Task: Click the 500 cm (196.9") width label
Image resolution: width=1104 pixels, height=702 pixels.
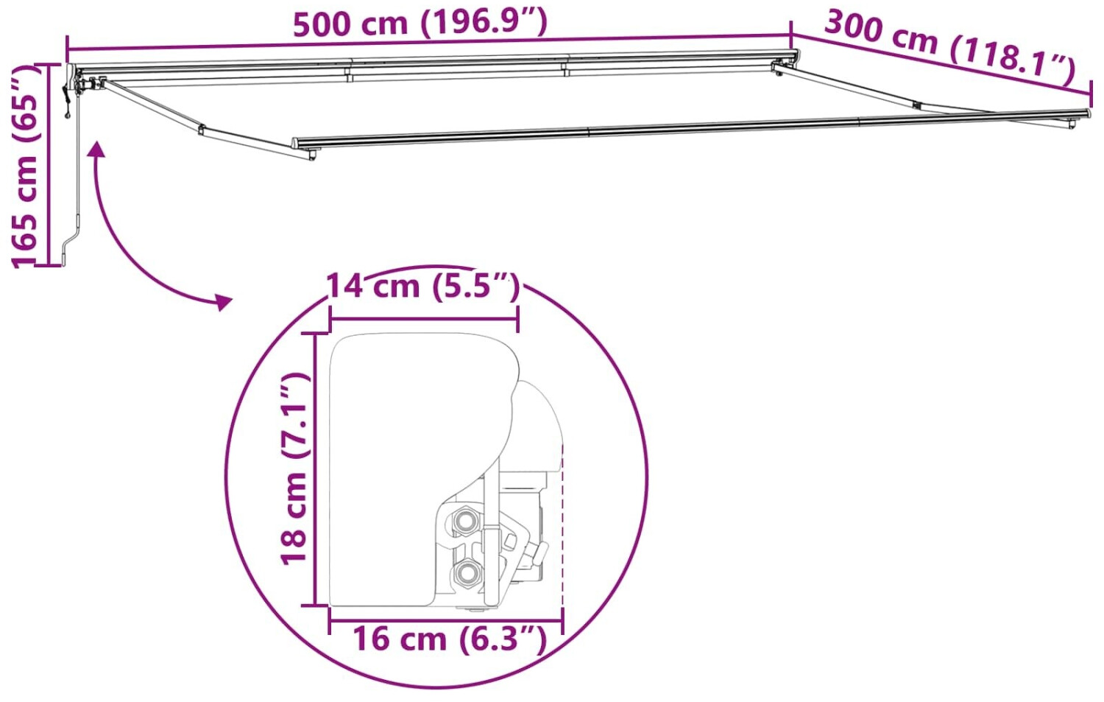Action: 420,24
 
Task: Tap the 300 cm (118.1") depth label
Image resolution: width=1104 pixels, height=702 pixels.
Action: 948,48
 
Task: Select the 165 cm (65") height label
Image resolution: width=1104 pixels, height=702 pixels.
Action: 24,166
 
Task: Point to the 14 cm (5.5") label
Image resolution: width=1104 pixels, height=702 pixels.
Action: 423,287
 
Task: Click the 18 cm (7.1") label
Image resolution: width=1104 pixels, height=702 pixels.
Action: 294,468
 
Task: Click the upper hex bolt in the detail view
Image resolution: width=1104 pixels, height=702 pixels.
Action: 464,519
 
